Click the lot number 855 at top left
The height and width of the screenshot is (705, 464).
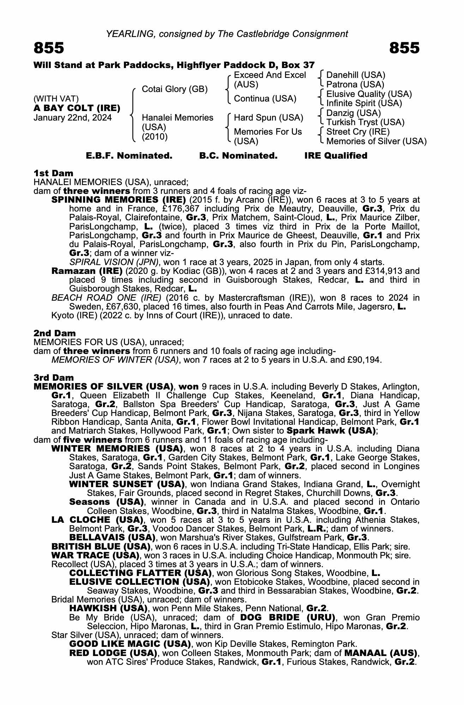49,48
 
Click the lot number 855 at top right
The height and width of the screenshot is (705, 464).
404,48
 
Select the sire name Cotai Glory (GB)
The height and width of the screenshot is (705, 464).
175,89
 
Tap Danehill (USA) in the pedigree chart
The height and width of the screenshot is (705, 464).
356,75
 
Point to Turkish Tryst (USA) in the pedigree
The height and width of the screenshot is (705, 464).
365,122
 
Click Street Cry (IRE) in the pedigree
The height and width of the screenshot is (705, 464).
358,132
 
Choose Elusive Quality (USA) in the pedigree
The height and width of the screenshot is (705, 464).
369,94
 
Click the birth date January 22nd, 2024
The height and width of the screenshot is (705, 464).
72,118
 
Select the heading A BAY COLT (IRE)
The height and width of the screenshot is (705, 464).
77,108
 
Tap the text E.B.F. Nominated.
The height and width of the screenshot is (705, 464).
129,156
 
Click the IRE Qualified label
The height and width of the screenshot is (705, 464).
336,156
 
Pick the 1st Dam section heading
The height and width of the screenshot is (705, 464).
53,173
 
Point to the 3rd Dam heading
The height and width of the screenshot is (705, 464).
54,378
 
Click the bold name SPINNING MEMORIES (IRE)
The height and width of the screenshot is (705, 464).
119,200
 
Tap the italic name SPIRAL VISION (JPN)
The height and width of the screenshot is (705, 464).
114,262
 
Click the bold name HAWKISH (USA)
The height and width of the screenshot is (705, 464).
108,608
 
